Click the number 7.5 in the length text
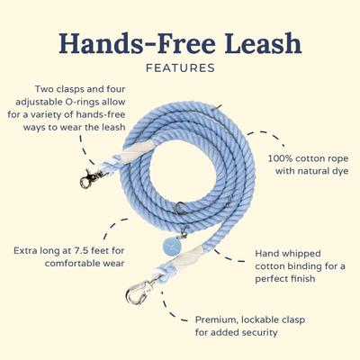[x=106, y=248]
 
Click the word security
[x=279, y=332]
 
